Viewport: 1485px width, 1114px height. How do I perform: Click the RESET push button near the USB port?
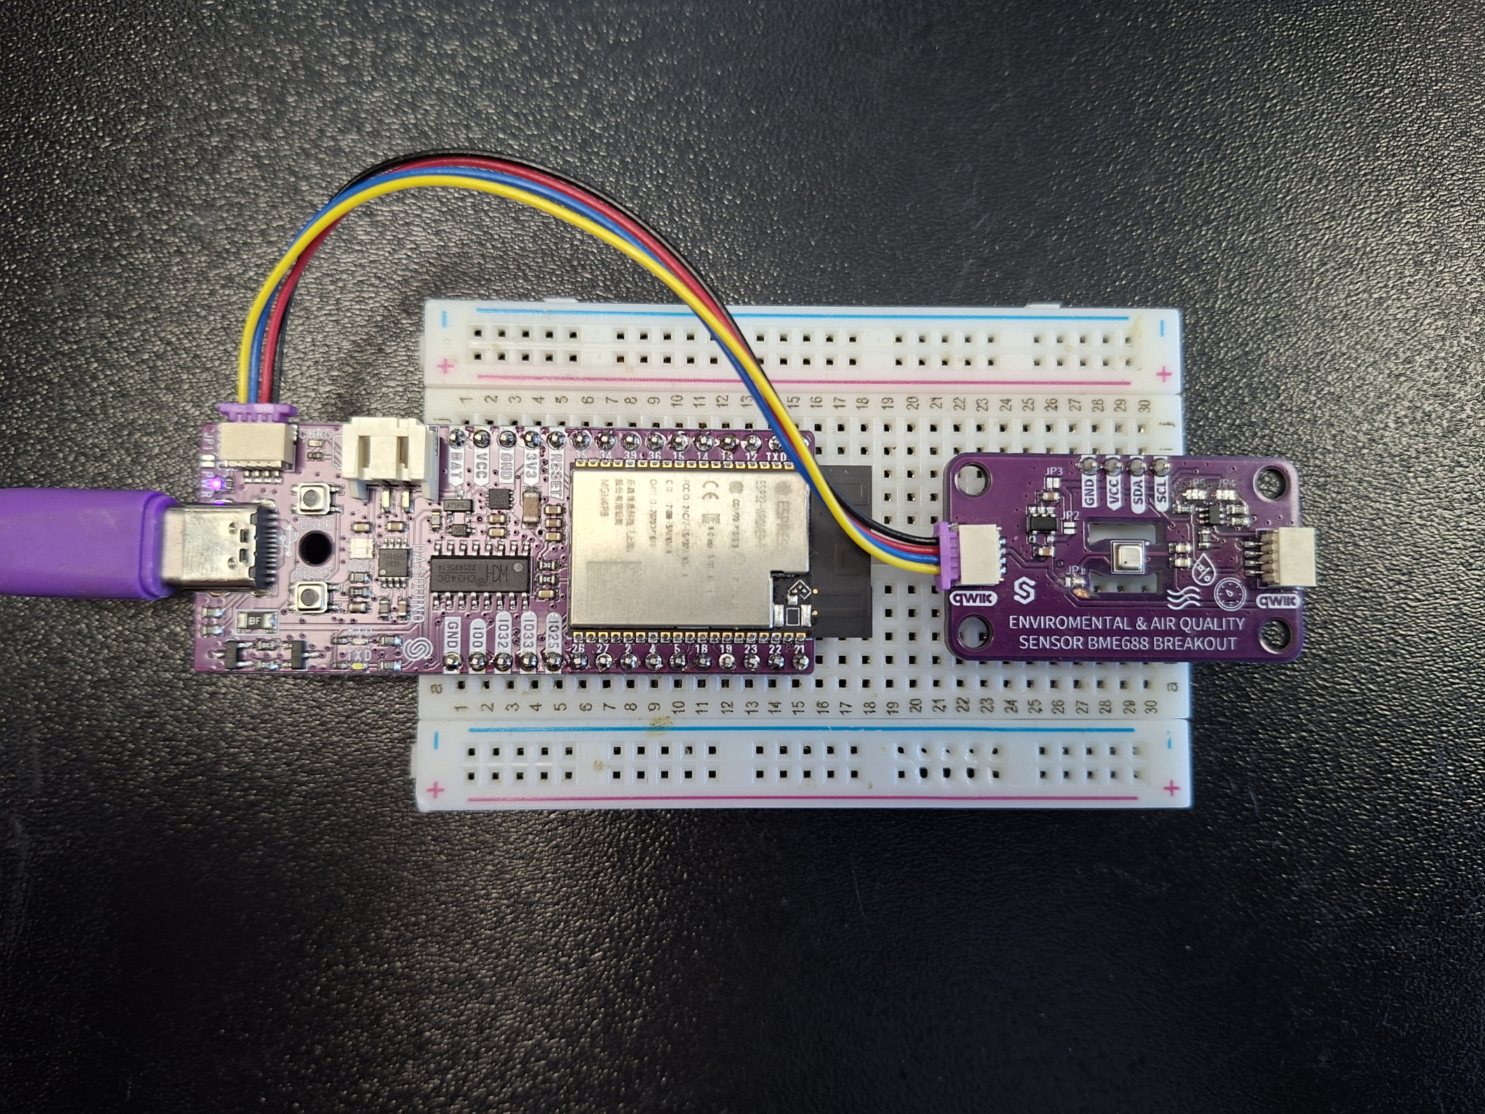coord(309,597)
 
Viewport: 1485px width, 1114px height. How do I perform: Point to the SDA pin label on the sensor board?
coord(1138,488)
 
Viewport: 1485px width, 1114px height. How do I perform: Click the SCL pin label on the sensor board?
coord(1161,488)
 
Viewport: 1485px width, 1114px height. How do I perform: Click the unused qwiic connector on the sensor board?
coord(1295,557)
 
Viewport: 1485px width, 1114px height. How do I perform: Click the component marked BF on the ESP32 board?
coord(252,621)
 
